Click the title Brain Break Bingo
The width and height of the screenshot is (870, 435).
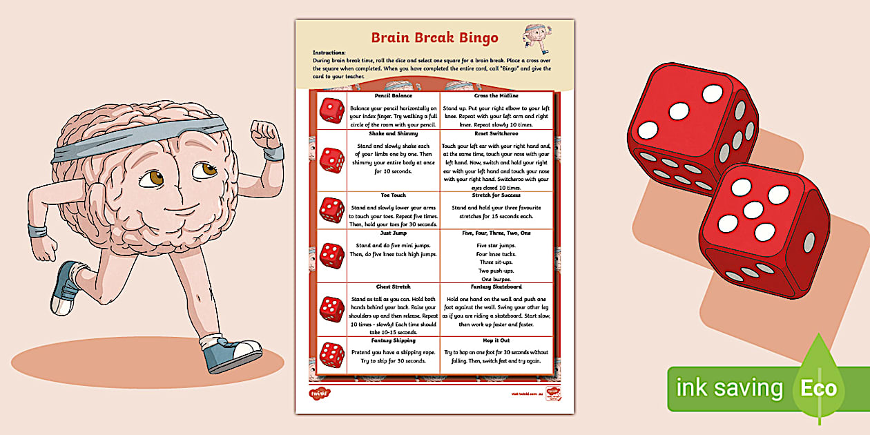pyautogui.click(x=434, y=37)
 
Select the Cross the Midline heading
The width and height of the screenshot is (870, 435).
pyautogui.click(x=496, y=95)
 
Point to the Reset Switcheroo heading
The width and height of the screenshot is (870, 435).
pyautogui.click(x=496, y=133)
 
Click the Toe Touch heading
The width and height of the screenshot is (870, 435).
pyautogui.click(x=393, y=195)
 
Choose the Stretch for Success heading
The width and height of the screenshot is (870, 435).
pyautogui.click(x=496, y=195)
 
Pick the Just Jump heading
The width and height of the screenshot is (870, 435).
pyautogui.click(x=393, y=233)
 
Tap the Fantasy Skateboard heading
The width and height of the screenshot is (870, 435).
pyautogui.click(x=496, y=287)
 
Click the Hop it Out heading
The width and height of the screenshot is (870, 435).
pyautogui.click(x=496, y=340)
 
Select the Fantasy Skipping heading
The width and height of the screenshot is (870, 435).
pyautogui.click(x=393, y=340)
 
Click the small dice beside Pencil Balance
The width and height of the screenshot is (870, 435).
pyautogui.click(x=331, y=110)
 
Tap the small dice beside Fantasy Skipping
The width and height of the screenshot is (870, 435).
pyautogui.click(x=331, y=355)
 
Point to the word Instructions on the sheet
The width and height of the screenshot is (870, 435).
pyautogui.click(x=329, y=52)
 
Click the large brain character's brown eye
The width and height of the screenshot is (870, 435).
pyautogui.click(x=152, y=177)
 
